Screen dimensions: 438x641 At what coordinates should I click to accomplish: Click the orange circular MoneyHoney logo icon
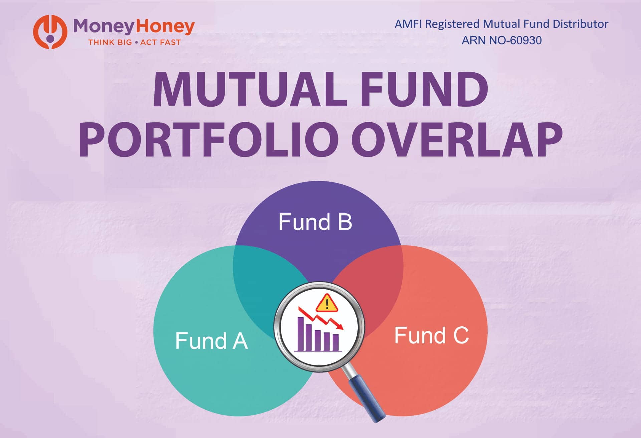click(x=50, y=32)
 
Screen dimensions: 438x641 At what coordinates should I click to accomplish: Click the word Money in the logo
click(x=103, y=27)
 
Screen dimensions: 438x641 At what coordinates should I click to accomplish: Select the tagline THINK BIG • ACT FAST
click(x=134, y=42)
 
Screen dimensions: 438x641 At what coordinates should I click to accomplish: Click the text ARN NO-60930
click(x=501, y=40)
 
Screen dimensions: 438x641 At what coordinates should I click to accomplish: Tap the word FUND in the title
click(x=424, y=90)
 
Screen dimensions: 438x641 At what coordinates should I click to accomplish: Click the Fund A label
click(x=211, y=341)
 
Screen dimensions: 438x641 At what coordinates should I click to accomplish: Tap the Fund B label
click(x=315, y=222)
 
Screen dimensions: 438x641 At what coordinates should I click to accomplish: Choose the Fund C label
click(x=431, y=335)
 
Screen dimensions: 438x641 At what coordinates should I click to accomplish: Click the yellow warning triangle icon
click(x=327, y=303)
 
